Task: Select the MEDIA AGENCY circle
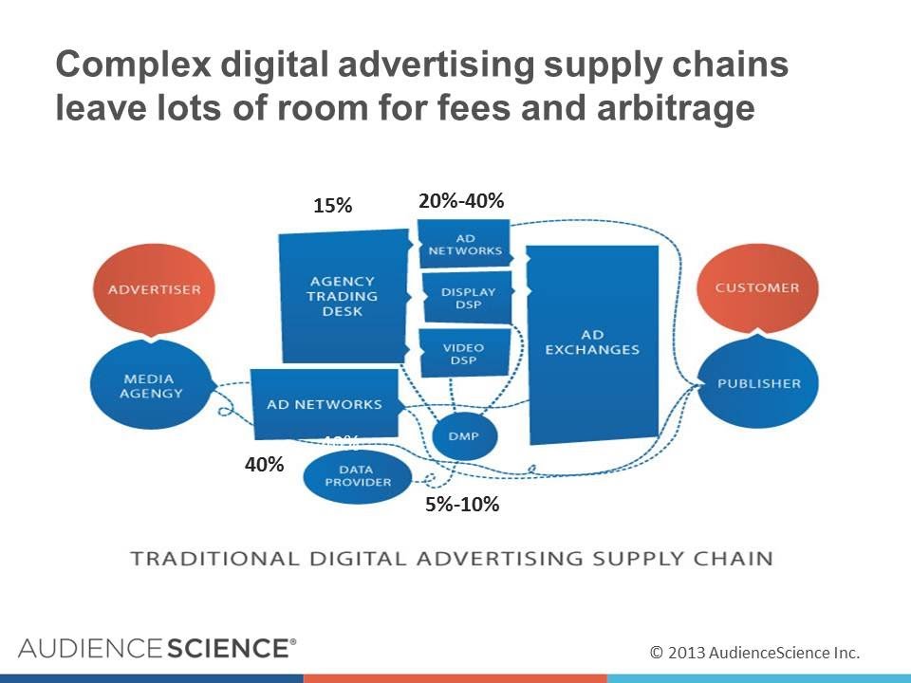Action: (148, 385)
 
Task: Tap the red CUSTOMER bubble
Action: (756, 287)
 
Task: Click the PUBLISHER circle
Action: (757, 384)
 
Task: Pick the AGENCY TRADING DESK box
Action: (342, 297)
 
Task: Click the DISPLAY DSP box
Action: (466, 298)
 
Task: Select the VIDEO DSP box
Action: (462, 354)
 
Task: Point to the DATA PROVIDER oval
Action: (358, 475)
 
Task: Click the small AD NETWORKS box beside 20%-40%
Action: (464, 244)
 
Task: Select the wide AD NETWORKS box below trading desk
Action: (325, 404)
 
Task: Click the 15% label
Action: (333, 205)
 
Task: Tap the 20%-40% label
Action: (460, 200)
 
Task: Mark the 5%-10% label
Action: (462, 505)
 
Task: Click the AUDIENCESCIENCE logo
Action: (158, 649)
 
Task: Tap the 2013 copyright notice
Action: (754, 653)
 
